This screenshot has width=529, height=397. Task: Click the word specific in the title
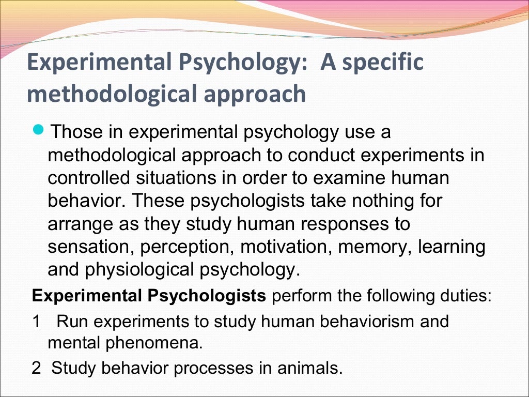click(381, 63)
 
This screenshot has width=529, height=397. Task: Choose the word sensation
click(91, 247)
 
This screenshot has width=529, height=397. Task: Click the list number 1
click(36, 321)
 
